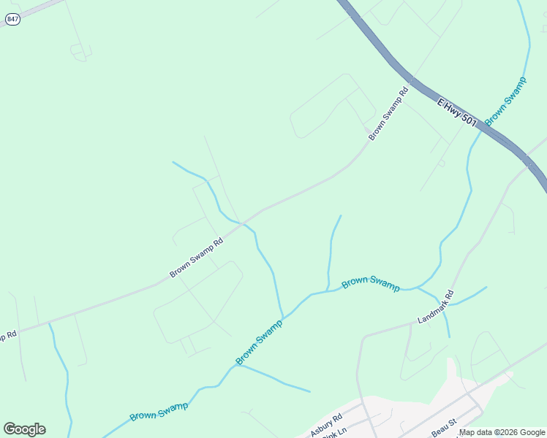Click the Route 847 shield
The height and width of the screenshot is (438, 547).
click(x=12, y=20)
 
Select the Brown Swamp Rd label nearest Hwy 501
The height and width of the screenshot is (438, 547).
click(x=388, y=114)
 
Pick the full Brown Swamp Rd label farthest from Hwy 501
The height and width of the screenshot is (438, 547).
click(x=196, y=258)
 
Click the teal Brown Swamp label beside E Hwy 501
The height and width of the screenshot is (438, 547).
click(x=505, y=99)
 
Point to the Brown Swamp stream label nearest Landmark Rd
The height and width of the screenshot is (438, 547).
click(x=371, y=283)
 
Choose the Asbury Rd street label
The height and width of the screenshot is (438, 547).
click(x=326, y=426)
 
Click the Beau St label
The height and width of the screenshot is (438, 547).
click(x=443, y=429)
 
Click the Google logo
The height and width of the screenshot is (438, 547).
click(x=24, y=429)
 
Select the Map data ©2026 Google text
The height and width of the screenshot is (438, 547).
click(x=502, y=433)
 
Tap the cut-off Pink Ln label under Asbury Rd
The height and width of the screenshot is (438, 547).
click(x=331, y=435)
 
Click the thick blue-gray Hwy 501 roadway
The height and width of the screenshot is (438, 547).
click(x=380, y=48)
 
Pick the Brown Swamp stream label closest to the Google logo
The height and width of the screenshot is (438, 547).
click(x=159, y=411)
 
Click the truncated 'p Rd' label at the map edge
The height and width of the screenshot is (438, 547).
click(x=8, y=337)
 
